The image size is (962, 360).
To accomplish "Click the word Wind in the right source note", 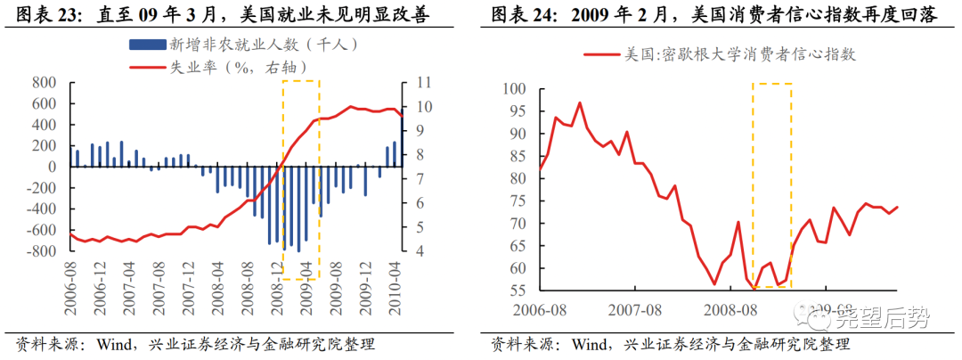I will pos(589,345).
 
